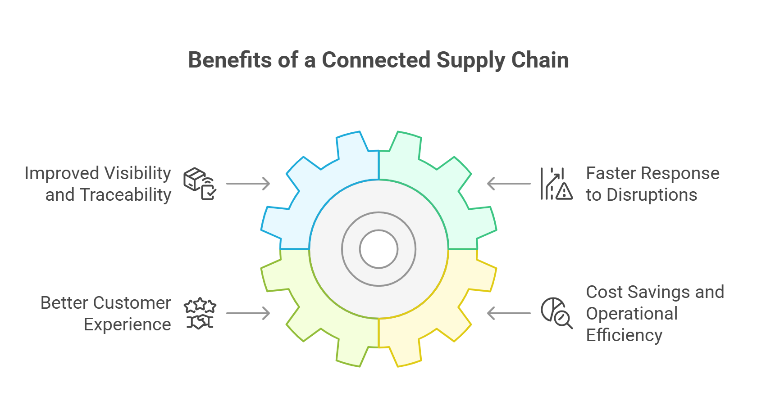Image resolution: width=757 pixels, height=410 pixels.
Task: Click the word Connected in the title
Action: tap(376, 60)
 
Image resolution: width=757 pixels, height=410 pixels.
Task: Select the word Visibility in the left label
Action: tap(137, 173)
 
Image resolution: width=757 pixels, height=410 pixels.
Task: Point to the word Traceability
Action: tap(126, 195)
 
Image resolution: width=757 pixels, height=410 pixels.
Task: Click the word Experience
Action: tap(128, 324)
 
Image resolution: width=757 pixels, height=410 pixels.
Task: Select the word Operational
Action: tap(632, 314)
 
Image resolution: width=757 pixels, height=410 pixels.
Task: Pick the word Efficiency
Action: tap(624, 335)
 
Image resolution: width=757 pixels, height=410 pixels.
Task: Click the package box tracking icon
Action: tap(200, 184)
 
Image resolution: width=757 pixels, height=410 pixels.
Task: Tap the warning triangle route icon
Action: tap(556, 184)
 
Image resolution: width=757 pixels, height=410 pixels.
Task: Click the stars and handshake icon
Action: tap(200, 314)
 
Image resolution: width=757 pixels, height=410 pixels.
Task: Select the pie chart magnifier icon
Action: tap(556, 313)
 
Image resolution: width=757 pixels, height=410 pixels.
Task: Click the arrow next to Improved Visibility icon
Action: tap(248, 184)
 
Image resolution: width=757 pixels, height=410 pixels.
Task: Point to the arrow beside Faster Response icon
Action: tap(509, 184)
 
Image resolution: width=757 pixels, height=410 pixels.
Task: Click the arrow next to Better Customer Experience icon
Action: tap(248, 313)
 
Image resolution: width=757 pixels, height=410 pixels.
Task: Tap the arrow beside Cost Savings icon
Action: tap(509, 313)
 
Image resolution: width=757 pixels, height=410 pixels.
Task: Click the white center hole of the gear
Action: tap(378, 249)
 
